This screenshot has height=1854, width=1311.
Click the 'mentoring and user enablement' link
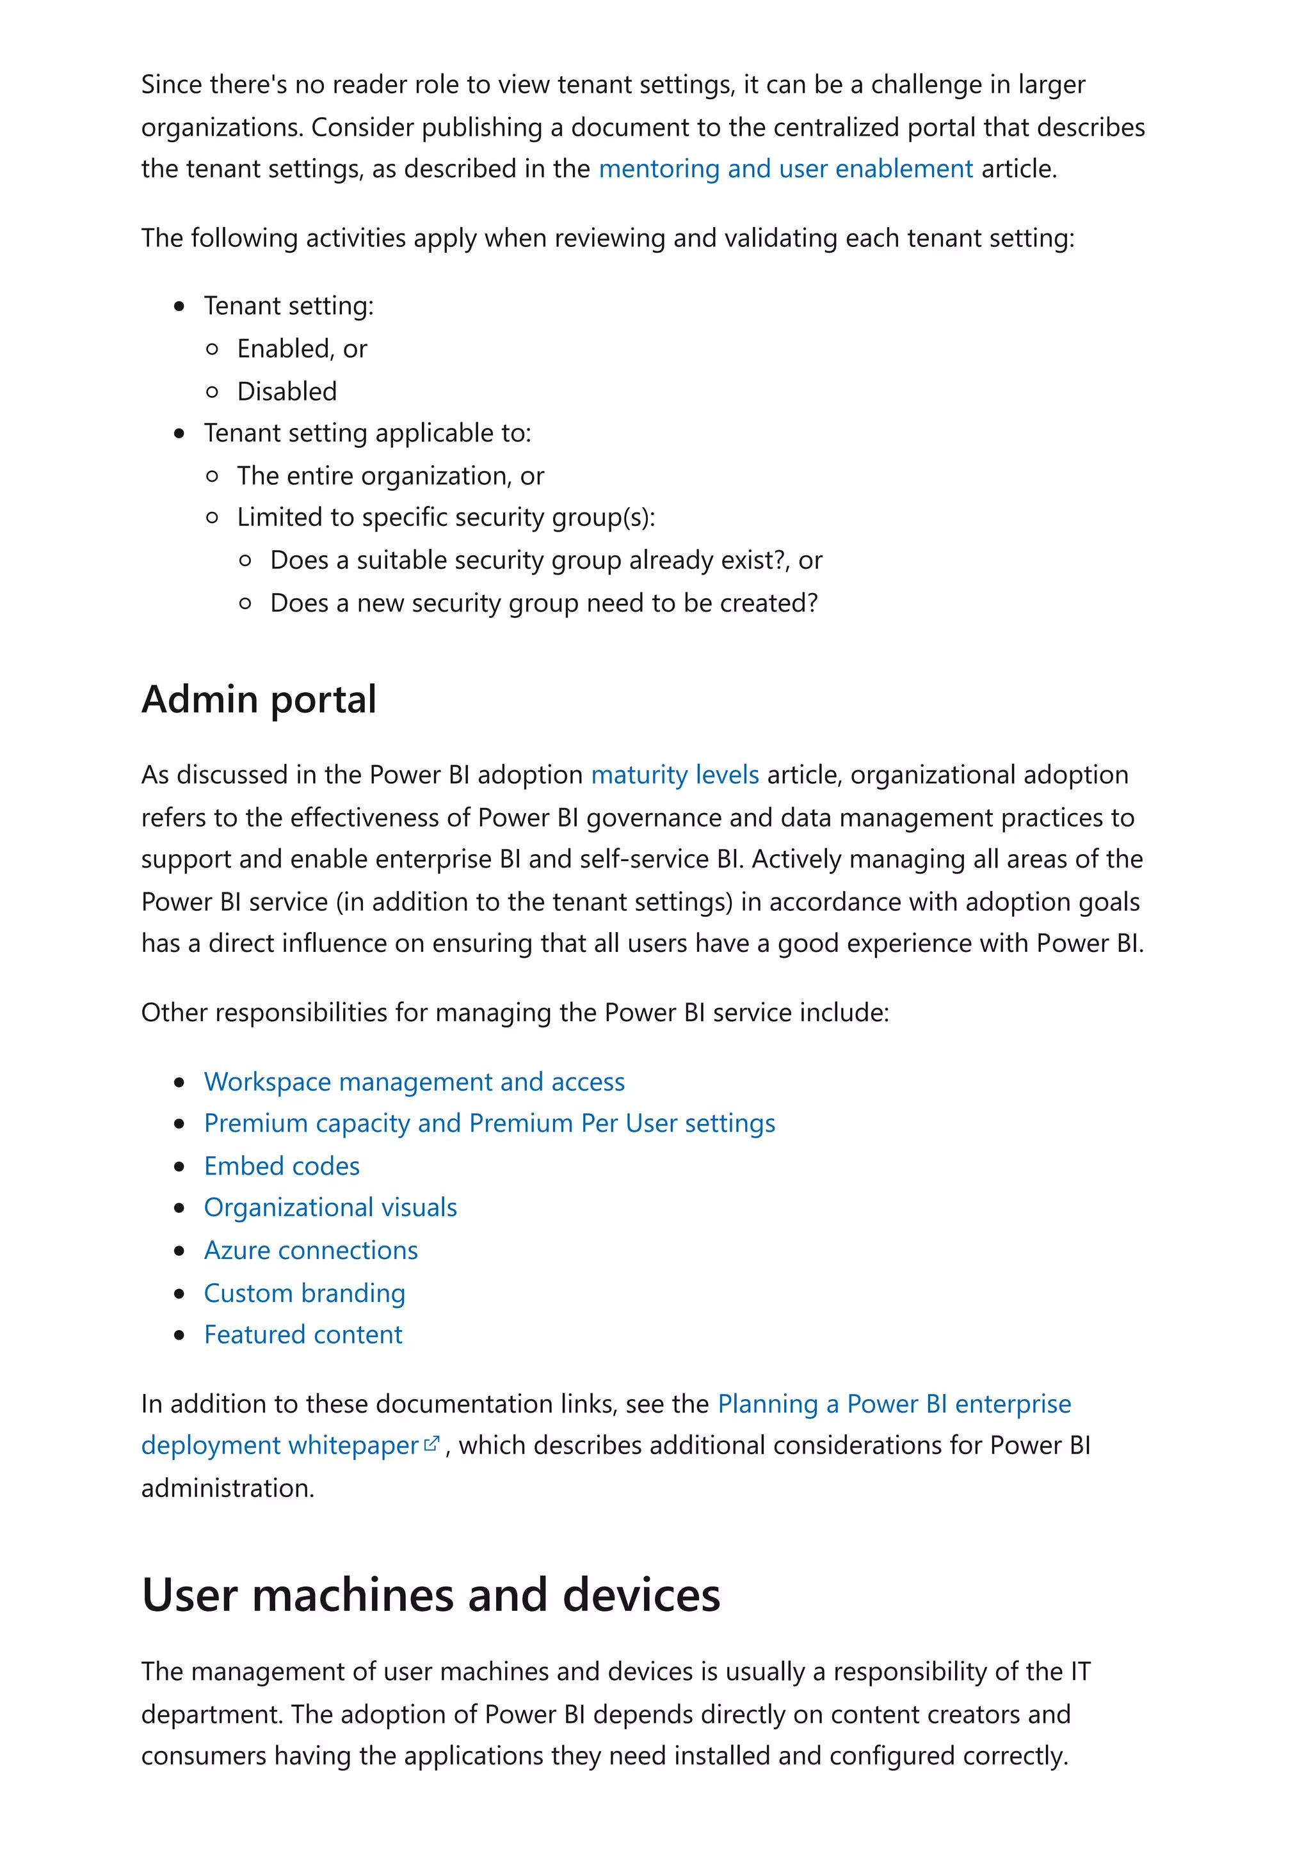pos(785,169)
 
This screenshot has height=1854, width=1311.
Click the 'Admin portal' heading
pos(259,699)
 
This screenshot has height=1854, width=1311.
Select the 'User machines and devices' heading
pos(431,1595)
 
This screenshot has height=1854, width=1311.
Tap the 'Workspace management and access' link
pos(414,1081)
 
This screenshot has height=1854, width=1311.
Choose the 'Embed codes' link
pos(281,1166)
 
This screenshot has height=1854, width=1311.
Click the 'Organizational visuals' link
pos(330,1207)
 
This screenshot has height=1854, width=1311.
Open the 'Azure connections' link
pos(310,1250)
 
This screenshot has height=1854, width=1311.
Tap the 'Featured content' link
pos(302,1335)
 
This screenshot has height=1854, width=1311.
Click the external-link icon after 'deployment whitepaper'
pos(432,1443)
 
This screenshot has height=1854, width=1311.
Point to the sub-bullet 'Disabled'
pos(286,392)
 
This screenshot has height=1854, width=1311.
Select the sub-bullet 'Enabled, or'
pos(302,349)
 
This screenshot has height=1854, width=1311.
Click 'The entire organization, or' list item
pos(390,477)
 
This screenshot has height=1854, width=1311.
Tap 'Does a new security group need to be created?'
pos(543,603)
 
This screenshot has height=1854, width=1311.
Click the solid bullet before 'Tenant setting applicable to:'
pos(179,434)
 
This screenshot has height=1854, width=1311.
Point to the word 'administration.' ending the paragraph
pos(227,1488)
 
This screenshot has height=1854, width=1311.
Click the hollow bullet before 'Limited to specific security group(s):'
pos(213,518)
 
